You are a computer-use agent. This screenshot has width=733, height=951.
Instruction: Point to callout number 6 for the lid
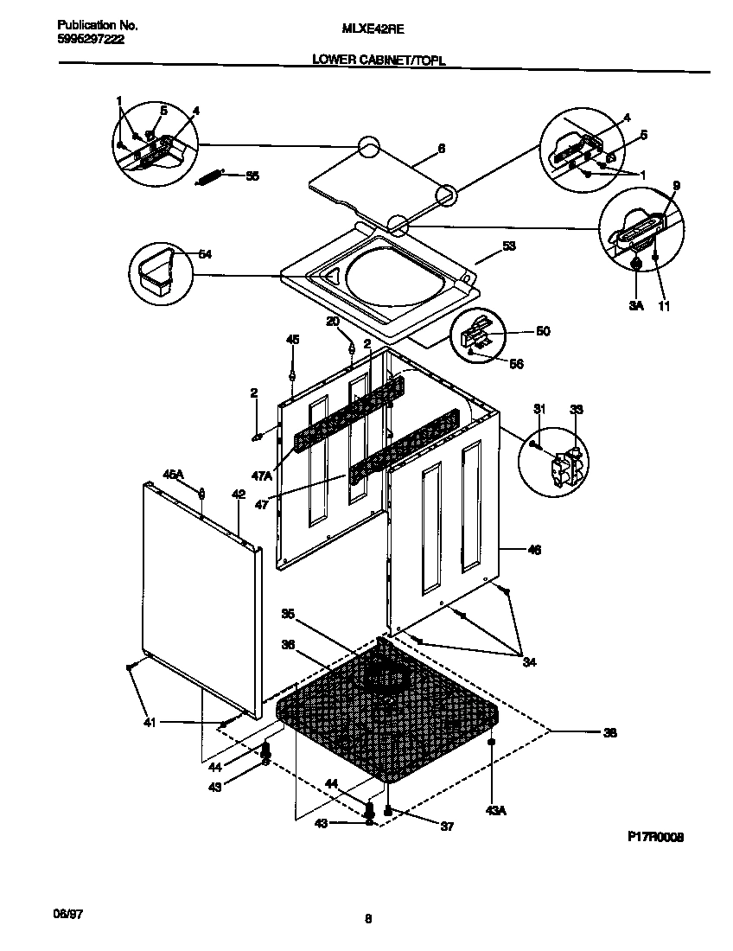point(442,149)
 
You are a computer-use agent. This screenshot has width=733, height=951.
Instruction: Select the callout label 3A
point(635,305)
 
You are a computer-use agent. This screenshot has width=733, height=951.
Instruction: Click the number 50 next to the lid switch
point(543,331)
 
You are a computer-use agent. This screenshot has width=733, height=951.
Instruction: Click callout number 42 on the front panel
point(239,495)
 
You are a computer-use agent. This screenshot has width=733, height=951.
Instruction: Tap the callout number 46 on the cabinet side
point(534,550)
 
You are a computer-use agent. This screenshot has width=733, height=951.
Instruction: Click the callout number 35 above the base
point(289,614)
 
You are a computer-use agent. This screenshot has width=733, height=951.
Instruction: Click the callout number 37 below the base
point(446,827)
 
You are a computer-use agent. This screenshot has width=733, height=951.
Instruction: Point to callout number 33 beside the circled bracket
point(577,409)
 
